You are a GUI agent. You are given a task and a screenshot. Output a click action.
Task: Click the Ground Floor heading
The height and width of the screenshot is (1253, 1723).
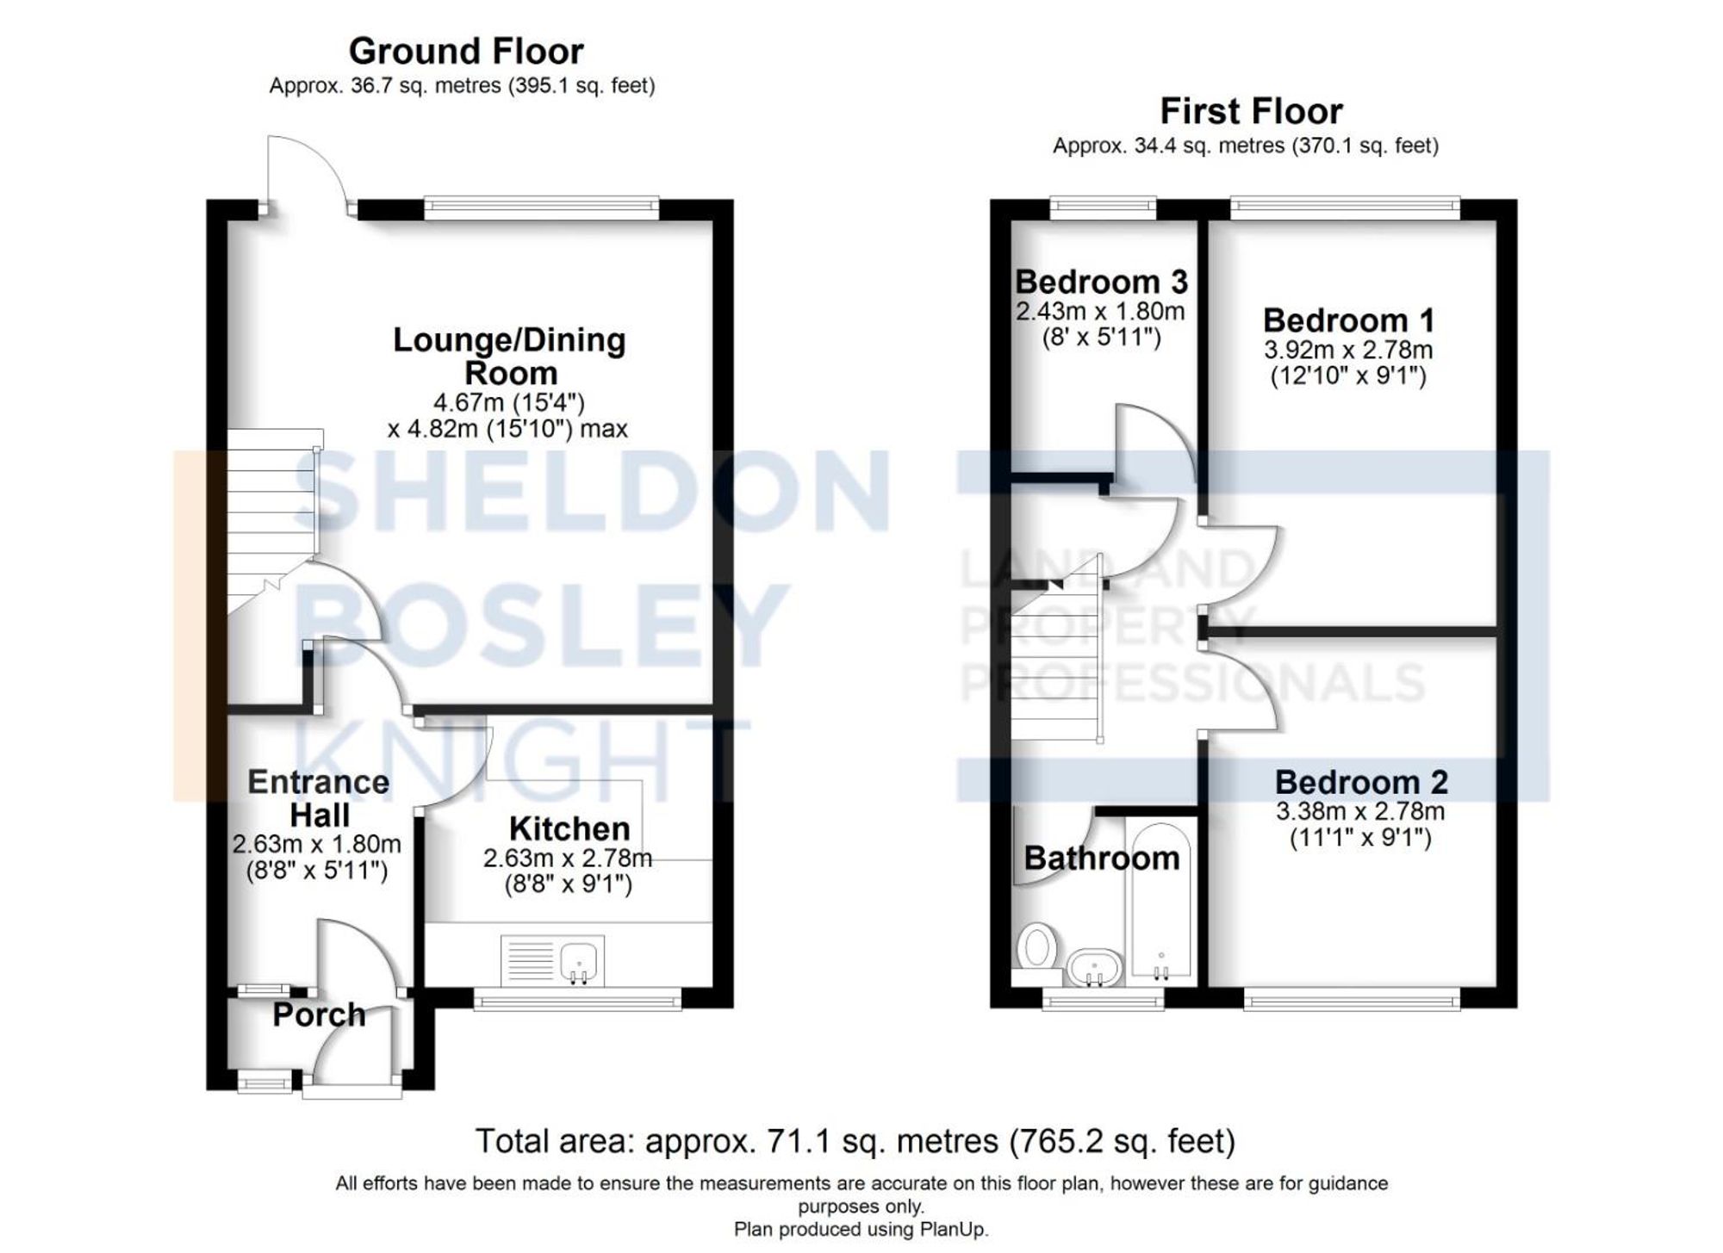point(466,52)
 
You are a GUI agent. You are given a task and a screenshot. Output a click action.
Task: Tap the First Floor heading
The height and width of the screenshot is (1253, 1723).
point(1251,112)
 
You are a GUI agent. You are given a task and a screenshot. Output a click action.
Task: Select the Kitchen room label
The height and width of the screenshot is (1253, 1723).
point(569,828)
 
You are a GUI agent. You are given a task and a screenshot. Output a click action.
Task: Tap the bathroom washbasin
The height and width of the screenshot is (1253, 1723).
point(1095,968)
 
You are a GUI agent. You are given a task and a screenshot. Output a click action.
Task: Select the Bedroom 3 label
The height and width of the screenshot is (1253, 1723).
point(1101,282)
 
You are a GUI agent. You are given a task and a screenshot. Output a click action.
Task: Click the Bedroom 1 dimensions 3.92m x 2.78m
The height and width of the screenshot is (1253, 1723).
point(1348,350)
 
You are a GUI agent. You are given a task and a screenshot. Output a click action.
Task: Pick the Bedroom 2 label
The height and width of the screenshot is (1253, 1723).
point(1361,782)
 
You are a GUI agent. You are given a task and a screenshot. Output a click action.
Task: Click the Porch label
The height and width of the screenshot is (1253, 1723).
point(319,1015)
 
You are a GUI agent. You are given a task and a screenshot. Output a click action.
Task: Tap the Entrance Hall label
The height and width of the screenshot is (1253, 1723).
point(319,798)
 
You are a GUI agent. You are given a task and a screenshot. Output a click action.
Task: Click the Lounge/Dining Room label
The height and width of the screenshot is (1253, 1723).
point(509,357)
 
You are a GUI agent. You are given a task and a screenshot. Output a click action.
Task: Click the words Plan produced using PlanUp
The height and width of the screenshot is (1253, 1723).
point(861,1229)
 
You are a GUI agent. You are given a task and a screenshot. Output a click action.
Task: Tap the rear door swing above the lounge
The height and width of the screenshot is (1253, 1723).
point(306,172)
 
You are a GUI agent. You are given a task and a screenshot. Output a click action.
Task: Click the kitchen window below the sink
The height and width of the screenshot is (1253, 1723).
point(577,1000)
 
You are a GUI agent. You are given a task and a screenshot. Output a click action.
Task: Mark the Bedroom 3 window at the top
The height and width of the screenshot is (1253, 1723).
point(1103,205)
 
